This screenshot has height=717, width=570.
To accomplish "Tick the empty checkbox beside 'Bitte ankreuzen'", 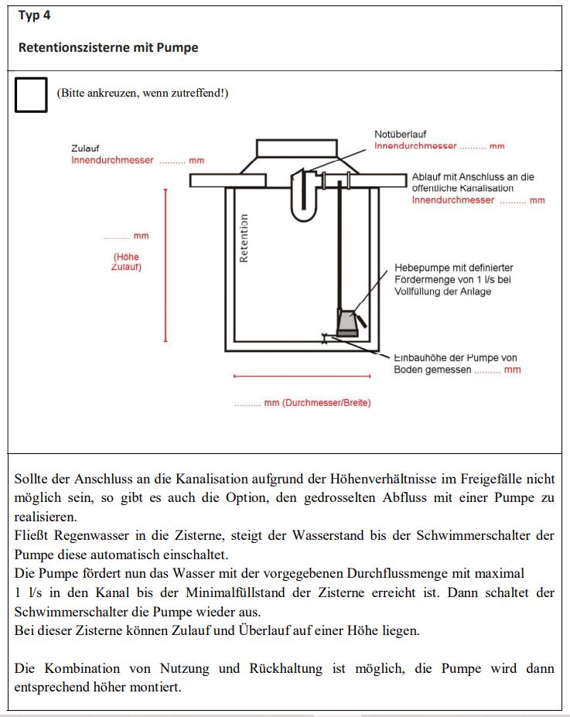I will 31,95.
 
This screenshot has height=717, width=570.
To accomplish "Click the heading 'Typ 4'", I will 34,15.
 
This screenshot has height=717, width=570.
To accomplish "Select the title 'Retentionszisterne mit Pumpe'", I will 108,48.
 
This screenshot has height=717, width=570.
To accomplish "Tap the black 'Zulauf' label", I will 85,149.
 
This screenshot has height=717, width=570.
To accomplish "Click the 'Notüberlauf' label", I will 401,135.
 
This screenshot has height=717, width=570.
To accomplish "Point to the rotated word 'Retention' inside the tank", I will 244,238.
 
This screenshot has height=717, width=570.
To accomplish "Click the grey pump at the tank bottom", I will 348,320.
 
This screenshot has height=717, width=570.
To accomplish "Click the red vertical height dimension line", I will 165,263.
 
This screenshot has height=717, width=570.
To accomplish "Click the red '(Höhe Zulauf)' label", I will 127,262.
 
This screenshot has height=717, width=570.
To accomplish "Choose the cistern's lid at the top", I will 297,147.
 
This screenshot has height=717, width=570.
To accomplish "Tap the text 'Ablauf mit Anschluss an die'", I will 473,177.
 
